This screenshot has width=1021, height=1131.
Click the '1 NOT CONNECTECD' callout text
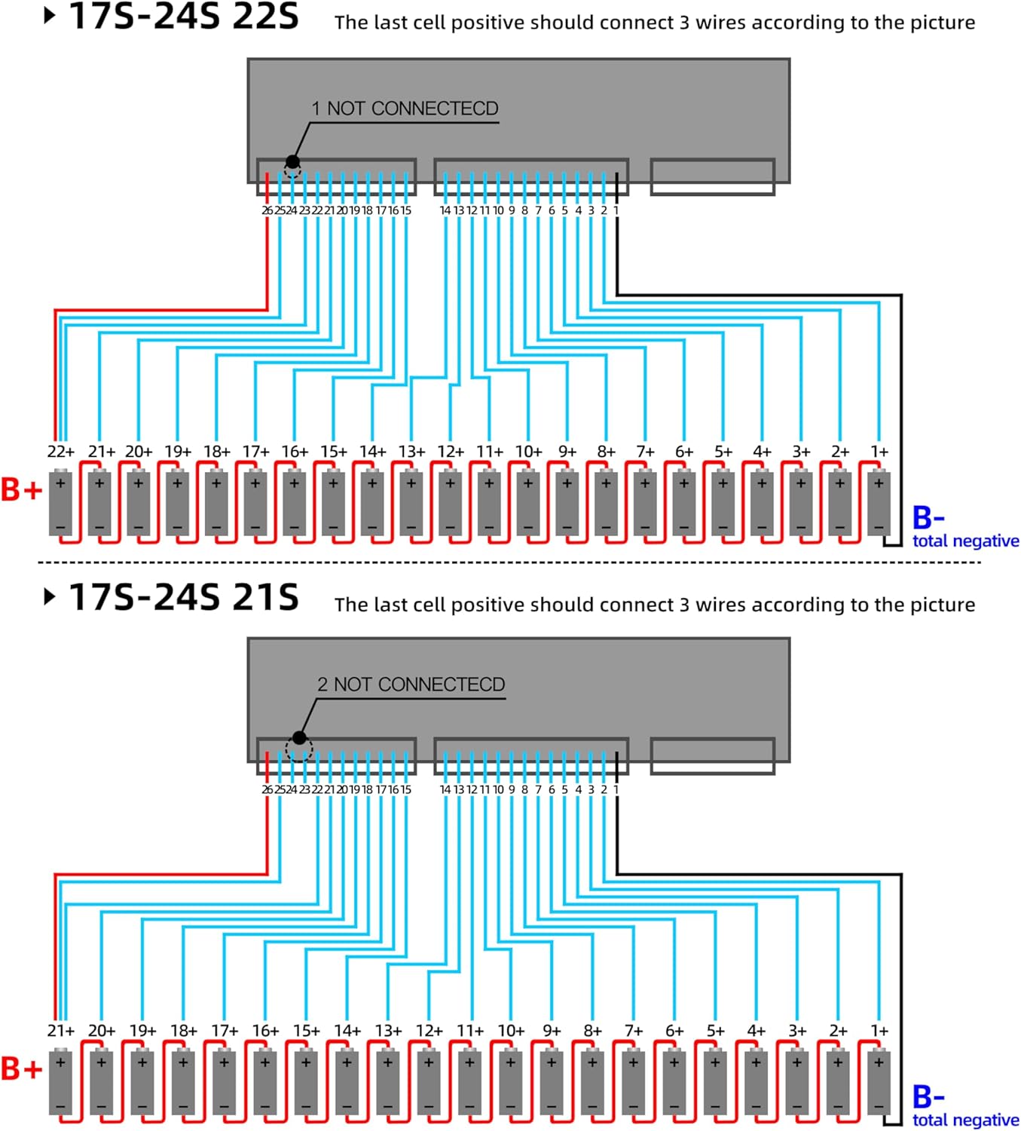(x=405, y=109)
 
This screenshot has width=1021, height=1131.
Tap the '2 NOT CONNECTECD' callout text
(x=411, y=685)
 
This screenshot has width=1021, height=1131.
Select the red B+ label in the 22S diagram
(x=21, y=490)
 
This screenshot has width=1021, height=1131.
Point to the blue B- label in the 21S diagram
(x=928, y=1096)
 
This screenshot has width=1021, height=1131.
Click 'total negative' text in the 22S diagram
(x=965, y=541)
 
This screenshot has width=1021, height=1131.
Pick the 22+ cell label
(x=60, y=452)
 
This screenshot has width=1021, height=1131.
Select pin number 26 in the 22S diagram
(x=267, y=210)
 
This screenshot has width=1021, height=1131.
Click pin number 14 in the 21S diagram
(x=445, y=789)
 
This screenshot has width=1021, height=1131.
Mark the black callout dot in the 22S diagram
(x=292, y=161)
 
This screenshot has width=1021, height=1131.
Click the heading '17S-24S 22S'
(x=184, y=17)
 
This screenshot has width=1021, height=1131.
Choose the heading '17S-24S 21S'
(x=184, y=596)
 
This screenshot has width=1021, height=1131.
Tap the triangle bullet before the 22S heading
(x=50, y=15)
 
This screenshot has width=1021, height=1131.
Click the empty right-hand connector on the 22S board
(x=712, y=177)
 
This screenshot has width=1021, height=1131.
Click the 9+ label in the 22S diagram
(x=567, y=452)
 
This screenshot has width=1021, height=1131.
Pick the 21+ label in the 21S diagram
(x=60, y=1031)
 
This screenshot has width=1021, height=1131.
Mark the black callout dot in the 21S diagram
(x=299, y=737)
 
